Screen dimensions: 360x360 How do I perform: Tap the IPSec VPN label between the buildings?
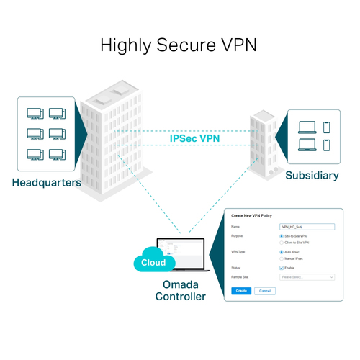tap(194, 138)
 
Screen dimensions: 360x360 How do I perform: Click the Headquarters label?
tap(46, 182)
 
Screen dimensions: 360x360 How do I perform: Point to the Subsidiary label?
tap(311, 175)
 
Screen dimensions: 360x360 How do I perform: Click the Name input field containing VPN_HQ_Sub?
tap(307, 226)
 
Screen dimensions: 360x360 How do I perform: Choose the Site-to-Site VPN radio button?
tap(281, 236)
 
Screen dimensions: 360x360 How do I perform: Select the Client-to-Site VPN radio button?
tap(281, 243)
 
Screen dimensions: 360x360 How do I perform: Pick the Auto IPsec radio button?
tap(281, 252)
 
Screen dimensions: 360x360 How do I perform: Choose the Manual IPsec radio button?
tap(281, 258)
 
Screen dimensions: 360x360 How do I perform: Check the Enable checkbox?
tap(281, 268)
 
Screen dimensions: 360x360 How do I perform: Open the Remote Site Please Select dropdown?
tap(307, 276)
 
